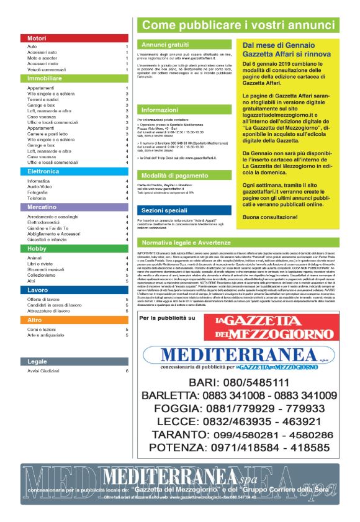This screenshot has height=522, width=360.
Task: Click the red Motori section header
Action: [x=74, y=38]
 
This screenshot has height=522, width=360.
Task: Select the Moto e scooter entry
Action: [x=43, y=58]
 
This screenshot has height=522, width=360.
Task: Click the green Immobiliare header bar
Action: [x=74, y=79]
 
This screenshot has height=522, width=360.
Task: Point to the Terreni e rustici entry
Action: [x=43, y=99]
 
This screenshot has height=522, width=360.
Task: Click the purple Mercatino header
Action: [x=74, y=207]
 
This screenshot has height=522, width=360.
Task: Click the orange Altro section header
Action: [x=74, y=320]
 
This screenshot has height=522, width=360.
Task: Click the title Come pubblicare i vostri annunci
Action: [x=239, y=25]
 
